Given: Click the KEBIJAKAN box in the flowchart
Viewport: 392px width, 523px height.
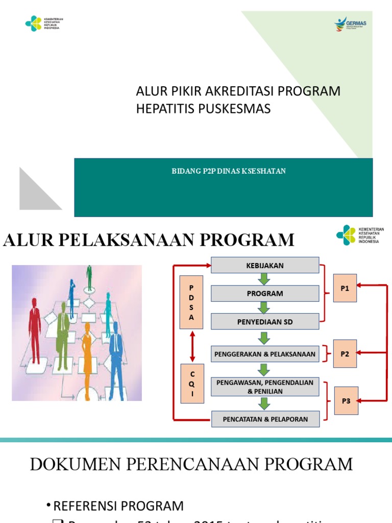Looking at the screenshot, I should [x=265, y=266].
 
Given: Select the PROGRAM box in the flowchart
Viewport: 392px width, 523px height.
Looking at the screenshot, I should [x=265, y=294].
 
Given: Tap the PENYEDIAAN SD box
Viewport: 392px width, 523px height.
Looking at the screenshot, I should [x=265, y=322].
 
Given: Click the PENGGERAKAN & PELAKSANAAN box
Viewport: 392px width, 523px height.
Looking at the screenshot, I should [x=265, y=353].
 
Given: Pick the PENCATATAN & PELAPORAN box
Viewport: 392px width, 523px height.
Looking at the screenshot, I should [x=265, y=419].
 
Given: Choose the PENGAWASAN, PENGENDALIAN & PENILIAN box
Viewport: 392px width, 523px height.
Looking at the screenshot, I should [x=265, y=387].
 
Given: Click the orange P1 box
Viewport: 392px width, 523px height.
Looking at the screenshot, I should [x=345, y=288].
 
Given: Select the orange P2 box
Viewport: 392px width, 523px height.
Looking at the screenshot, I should [x=345, y=353].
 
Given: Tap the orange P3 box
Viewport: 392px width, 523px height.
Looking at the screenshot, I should [x=346, y=401].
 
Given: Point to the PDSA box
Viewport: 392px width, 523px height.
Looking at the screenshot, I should [x=192, y=302].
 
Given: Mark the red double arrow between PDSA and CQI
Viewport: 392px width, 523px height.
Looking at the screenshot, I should [x=192, y=346].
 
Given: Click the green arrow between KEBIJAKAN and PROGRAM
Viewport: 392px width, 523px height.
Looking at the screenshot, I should [x=264, y=279].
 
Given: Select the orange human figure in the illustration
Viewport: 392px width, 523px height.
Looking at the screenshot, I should [x=87, y=360].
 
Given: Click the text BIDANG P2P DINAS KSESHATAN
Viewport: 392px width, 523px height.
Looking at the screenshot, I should [x=229, y=171].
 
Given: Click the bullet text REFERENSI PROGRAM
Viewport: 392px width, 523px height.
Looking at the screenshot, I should [x=118, y=506].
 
